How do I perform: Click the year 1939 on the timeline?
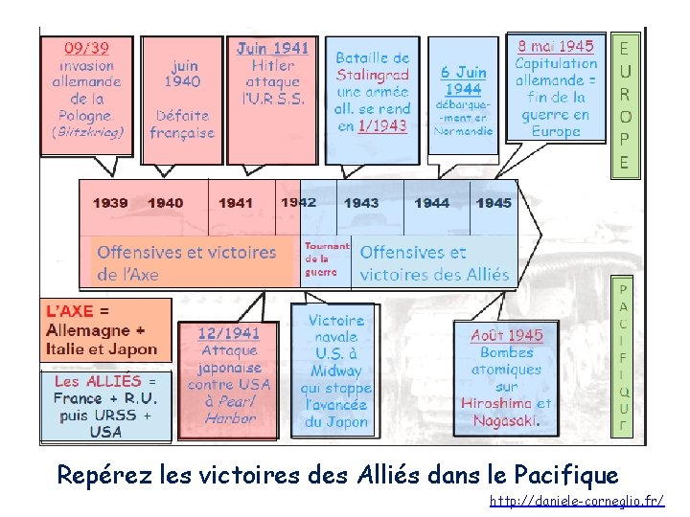coord(110,203)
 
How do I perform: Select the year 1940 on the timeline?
coord(166,203)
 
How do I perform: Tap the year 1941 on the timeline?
coord(236,203)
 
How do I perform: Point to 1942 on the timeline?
coord(298,202)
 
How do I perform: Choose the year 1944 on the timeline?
coord(431,203)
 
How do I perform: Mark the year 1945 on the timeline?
coord(494,203)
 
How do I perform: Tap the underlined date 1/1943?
coord(382,126)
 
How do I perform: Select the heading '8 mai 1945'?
coord(556,45)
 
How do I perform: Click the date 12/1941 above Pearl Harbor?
coord(228,333)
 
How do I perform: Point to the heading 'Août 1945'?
coord(506,335)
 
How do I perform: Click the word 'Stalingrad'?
coord(372,75)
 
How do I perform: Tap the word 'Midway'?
coord(335,371)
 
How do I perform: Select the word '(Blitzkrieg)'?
coord(87,133)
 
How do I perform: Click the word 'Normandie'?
coord(463,130)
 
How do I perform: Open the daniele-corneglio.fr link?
coord(577,501)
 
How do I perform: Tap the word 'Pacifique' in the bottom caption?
coord(566,474)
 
